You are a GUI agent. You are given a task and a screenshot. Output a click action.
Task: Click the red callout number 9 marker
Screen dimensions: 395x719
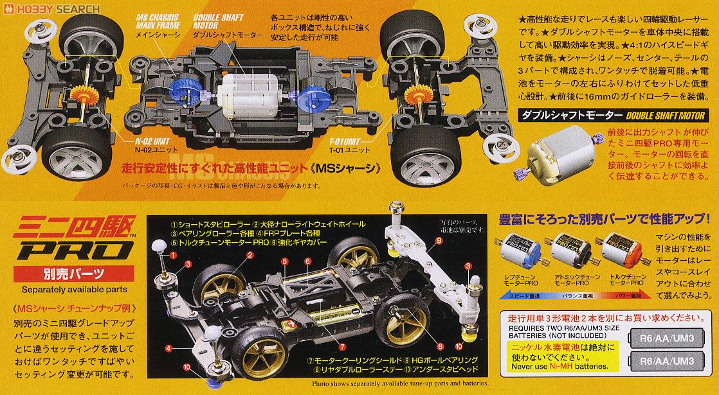click(440, 241)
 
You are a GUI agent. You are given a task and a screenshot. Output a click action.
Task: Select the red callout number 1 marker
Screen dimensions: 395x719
click(172, 254)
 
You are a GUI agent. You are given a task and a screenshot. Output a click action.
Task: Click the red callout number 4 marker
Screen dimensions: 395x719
click(168, 348)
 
